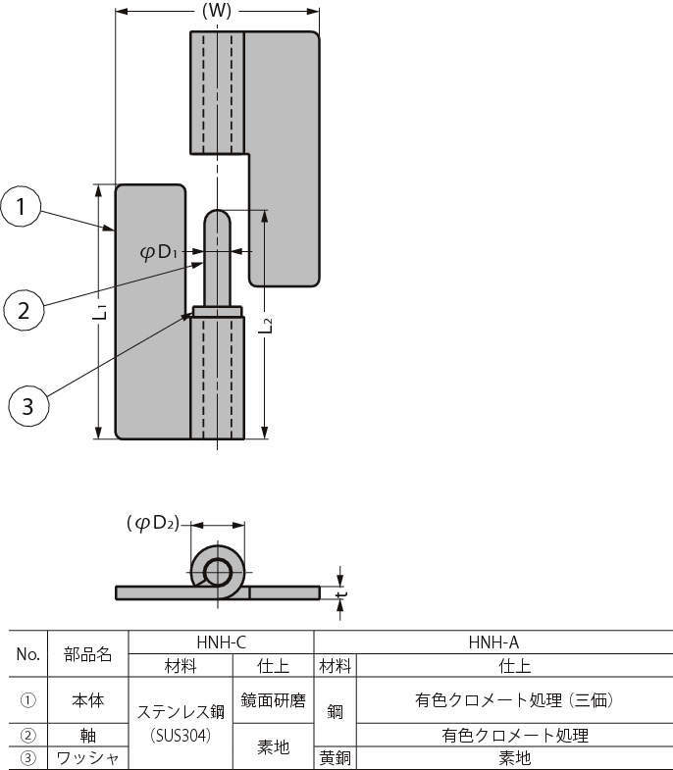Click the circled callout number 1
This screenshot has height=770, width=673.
point(22,207)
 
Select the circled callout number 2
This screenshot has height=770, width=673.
point(24,311)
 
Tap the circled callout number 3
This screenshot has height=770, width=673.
point(27,405)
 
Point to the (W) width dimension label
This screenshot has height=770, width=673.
point(216,12)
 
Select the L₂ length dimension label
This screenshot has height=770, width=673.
point(266,327)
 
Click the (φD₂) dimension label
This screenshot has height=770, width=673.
point(153,523)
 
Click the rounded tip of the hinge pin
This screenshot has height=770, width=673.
point(217,218)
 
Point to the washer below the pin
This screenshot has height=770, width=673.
point(217,312)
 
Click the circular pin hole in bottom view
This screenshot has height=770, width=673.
point(217,571)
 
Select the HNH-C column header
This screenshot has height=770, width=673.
point(221,642)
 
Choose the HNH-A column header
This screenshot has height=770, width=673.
point(493,642)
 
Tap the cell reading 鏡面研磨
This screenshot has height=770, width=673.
point(273,700)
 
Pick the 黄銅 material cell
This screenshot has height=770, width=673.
point(335,758)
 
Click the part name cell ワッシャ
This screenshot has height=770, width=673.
point(88,758)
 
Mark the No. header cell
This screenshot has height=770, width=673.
point(27,653)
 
